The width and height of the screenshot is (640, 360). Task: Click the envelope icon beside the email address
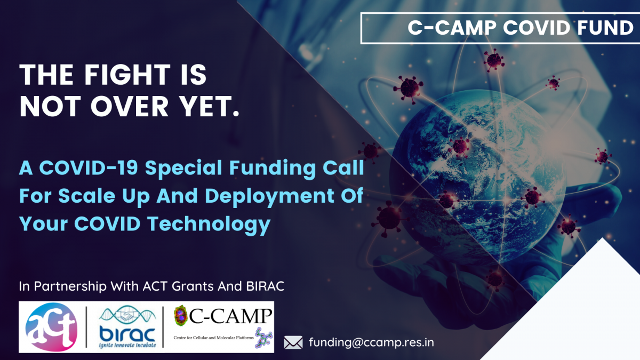(293, 342)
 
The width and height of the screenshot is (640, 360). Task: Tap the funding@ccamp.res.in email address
(371, 342)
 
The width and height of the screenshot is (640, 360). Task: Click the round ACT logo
(51, 327)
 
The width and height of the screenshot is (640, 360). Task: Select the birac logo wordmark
(127, 334)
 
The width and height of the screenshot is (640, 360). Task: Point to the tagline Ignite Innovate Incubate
(127, 345)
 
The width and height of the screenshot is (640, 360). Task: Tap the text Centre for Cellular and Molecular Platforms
(213, 338)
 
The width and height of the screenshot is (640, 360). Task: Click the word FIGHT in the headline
(127, 75)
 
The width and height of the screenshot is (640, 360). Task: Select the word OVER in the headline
(130, 106)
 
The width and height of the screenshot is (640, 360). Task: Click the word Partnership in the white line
(70, 286)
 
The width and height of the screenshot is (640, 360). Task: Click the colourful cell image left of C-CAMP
(180, 315)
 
